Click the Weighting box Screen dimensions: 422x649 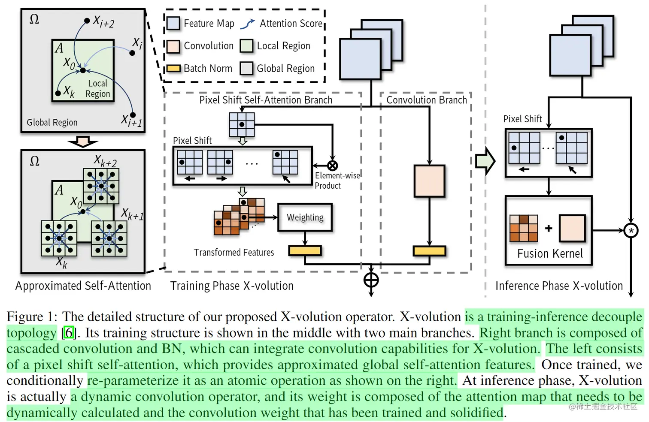click(305, 217)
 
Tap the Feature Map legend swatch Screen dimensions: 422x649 click(173, 23)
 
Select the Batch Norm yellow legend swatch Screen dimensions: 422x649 click(173, 68)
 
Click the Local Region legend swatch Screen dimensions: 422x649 click(246, 46)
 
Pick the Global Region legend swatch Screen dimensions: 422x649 click(246, 68)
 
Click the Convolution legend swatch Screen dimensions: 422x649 click(173, 46)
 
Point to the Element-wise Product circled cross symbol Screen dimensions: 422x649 click(332, 166)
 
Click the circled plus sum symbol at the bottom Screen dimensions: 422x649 click(371, 280)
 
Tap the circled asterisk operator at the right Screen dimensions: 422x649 click(631, 230)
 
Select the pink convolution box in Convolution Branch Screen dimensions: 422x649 click(429, 181)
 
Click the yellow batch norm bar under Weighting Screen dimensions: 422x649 click(305, 250)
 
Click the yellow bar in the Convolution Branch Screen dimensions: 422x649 click(429, 251)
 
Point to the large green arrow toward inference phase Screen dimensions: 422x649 click(485, 161)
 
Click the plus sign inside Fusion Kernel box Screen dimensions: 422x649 click(549, 228)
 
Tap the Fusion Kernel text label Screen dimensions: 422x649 click(550, 253)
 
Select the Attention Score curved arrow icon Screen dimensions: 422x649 click(248, 24)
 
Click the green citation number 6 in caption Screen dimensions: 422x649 click(69, 333)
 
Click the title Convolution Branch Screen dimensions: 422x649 click(426, 100)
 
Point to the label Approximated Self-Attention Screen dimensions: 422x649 click(83, 286)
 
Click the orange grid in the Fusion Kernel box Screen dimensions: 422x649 click(524, 228)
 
